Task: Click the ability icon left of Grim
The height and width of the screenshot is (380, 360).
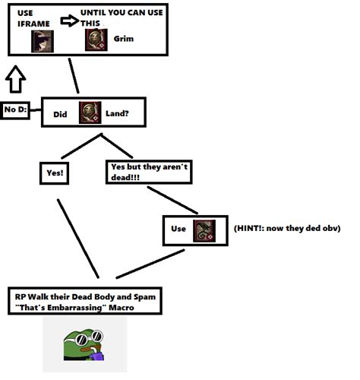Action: pos(97,40)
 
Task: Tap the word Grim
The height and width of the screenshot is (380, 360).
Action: pos(123,39)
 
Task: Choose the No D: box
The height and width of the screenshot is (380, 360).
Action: pos(16,109)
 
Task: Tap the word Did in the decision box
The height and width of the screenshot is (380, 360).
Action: pos(61,115)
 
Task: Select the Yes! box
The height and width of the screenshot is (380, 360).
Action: pos(55,173)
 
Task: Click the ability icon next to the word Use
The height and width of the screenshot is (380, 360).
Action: pos(204,230)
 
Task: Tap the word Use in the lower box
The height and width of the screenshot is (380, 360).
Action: pos(178,230)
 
